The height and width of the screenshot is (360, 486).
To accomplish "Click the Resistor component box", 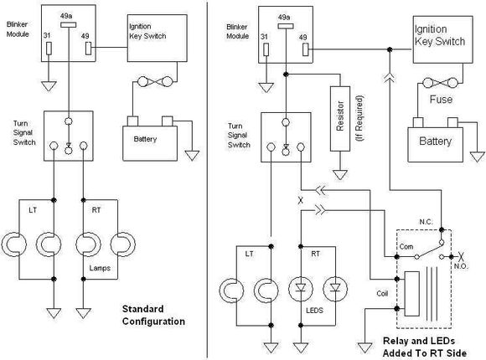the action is (340, 119).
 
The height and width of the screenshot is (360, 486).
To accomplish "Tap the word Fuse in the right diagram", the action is (441, 100).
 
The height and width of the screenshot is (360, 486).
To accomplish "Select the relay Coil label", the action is (382, 293).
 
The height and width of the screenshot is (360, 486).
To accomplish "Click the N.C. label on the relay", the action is (426, 222).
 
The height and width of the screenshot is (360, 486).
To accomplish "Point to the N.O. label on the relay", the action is (461, 266).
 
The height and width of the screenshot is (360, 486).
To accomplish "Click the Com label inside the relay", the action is (406, 247).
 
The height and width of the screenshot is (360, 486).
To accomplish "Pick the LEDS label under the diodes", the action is (314, 310).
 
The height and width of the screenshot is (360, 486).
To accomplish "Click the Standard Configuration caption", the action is (153, 315).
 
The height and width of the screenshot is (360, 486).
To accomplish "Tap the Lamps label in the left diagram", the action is (100, 268).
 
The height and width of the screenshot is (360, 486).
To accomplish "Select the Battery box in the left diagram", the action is (150, 143).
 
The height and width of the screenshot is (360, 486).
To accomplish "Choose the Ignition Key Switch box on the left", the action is (158, 38).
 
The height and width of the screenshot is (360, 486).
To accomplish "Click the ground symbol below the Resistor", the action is (340, 175).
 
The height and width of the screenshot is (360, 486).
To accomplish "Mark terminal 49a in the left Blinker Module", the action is (68, 25).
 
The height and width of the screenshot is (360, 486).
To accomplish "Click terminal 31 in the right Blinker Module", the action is (266, 49).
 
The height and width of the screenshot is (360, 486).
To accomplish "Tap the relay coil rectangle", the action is (412, 294).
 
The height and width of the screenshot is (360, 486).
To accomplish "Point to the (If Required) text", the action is (359, 119).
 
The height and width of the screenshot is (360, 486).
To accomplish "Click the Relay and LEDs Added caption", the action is (425, 347).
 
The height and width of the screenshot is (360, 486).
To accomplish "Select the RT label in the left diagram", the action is (96, 210).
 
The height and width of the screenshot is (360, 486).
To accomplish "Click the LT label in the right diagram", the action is (249, 254).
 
